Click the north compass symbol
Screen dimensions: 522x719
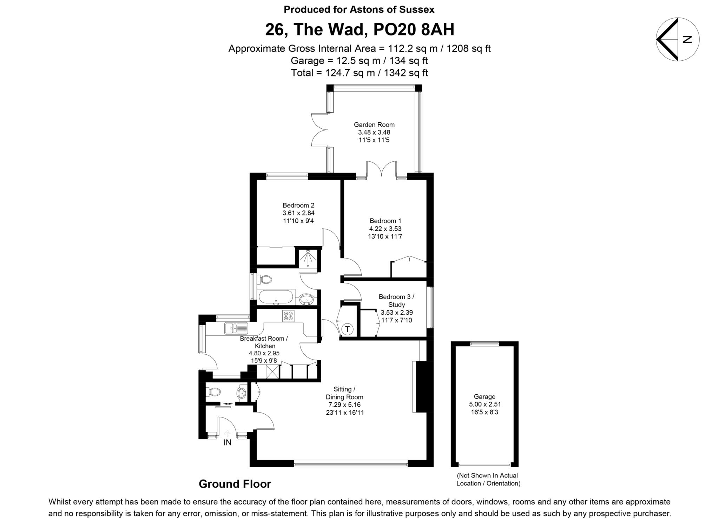[x=678, y=39]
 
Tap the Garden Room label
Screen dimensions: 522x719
[x=374, y=125]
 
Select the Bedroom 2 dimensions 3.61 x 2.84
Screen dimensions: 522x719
[x=298, y=213]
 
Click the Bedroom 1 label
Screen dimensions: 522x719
[x=385, y=221]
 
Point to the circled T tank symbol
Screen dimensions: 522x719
[x=347, y=329]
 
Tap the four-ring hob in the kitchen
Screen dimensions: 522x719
[x=288, y=316]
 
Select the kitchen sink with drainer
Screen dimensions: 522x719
[x=236, y=328]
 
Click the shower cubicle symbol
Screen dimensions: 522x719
[x=308, y=259]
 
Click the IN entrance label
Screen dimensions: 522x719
[x=227, y=443]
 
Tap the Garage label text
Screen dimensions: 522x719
[x=484, y=397]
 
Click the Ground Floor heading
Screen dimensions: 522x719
[x=235, y=484]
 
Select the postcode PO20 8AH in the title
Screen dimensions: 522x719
[x=414, y=29]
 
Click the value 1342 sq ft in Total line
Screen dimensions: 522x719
[x=406, y=73]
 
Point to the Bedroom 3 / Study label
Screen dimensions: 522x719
[x=396, y=301]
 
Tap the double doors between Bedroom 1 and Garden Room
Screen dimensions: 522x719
[x=382, y=169]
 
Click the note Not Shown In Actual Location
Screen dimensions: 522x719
[x=488, y=480]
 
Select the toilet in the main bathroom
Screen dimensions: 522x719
[x=265, y=280]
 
